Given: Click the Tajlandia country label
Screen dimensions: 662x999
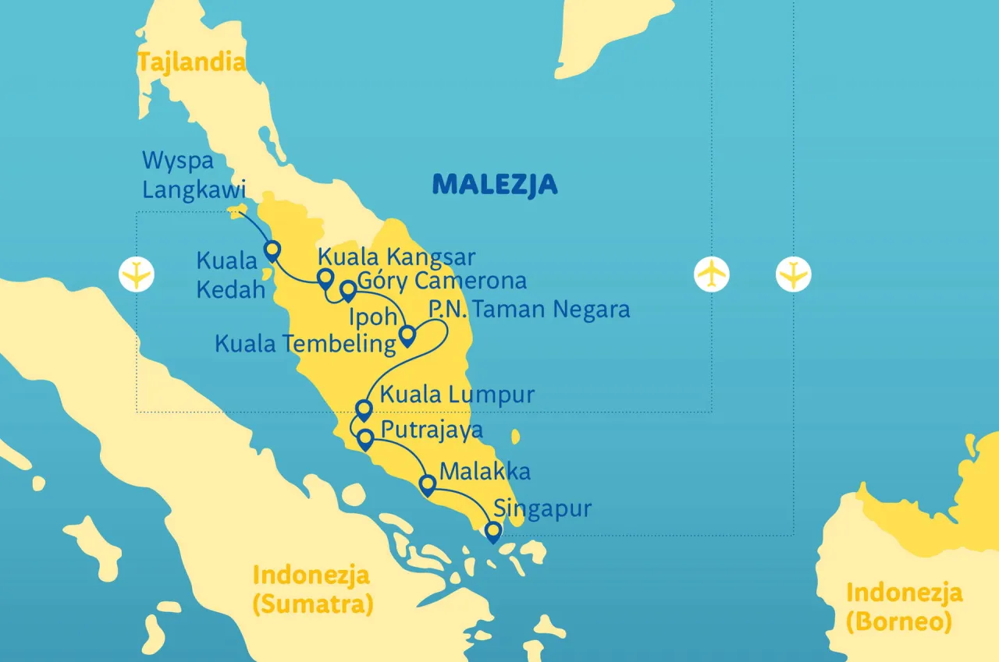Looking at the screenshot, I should tap(192, 62).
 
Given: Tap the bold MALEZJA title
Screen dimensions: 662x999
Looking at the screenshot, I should tap(495, 185).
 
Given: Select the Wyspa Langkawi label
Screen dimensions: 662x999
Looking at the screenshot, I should tap(194, 175).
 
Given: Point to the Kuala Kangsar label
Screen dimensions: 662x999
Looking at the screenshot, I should tap(396, 257).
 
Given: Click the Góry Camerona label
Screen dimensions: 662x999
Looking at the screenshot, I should tap(441, 281).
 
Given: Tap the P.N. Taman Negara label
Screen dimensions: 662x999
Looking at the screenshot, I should tap(528, 310).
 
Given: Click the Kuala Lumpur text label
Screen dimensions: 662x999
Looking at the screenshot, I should tap(457, 395).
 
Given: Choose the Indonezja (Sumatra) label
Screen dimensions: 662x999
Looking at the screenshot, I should tap(312, 589).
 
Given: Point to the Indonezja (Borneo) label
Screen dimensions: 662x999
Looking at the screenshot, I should tap(904, 607).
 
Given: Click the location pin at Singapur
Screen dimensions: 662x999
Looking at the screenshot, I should tap(492, 532).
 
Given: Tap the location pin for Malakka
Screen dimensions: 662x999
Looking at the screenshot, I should tap(427, 485).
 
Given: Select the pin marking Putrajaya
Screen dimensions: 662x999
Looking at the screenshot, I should tap(364, 440).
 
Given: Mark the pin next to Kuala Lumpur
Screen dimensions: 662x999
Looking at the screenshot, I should tap(364, 409).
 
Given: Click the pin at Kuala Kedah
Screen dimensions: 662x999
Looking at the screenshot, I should tap(272, 250).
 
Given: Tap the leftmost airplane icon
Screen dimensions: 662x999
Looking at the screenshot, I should tap(137, 274).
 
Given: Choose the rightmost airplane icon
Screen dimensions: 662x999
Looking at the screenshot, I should tap(794, 274).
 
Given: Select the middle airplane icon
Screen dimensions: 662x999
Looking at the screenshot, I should tap(711, 274).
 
